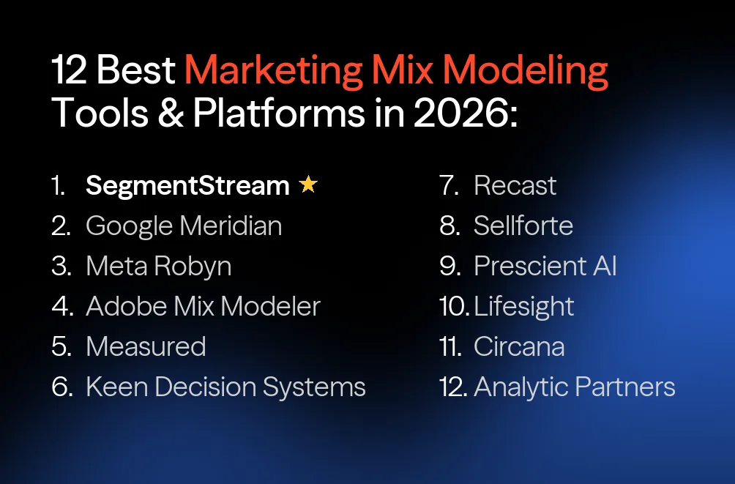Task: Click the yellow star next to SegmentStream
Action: (x=308, y=185)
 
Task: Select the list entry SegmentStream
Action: (x=187, y=186)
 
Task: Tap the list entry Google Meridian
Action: (x=184, y=226)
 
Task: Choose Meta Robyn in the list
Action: (x=158, y=266)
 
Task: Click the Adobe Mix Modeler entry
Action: (x=203, y=306)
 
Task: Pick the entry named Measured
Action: (x=146, y=346)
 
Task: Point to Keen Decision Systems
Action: (x=225, y=387)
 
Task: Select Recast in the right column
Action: (x=515, y=186)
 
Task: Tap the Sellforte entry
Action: (x=523, y=226)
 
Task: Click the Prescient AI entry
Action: (x=545, y=266)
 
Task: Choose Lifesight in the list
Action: (x=523, y=306)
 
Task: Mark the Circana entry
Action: (x=519, y=346)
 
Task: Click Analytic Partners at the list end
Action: (x=574, y=387)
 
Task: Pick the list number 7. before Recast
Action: (x=449, y=186)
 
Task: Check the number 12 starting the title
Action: (x=70, y=71)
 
